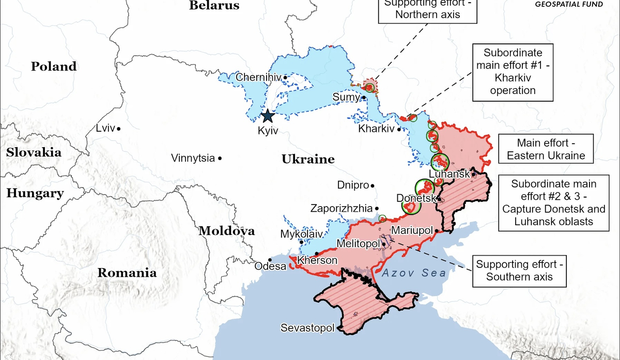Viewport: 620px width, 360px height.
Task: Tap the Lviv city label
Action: pos(105,128)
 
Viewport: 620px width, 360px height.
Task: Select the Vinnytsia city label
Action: pos(193,158)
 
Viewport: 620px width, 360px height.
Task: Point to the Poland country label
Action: pos(54,67)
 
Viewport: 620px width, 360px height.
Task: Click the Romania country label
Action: pos(127,273)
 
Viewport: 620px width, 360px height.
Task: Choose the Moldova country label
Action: pos(226,231)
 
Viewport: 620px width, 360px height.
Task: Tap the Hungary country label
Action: pos(35,194)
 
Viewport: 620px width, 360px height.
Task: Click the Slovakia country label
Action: pos(34,152)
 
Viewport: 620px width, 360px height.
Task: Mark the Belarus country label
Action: pos(214,6)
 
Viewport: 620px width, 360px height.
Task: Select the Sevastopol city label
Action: pos(307,328)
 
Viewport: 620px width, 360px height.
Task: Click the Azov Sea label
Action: pos(412,273)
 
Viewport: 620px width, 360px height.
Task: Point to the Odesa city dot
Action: pos(270,260)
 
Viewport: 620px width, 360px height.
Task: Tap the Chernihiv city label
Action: pos(258,77)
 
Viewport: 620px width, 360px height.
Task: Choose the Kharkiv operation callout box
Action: pos(513,72)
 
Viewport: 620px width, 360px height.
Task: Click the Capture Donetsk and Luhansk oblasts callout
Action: pos(553,202)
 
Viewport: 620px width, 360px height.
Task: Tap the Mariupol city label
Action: pos(411,230)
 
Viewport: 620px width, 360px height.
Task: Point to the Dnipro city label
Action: pos(353,185)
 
